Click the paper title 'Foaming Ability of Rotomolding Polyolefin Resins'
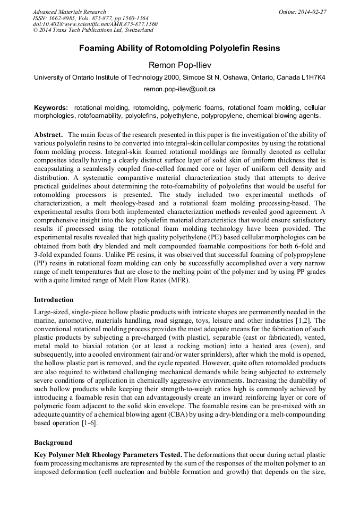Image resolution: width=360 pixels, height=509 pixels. (179, 48)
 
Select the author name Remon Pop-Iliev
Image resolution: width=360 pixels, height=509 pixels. (179, 65)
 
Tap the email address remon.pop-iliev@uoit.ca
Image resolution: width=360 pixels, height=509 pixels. (179, 89)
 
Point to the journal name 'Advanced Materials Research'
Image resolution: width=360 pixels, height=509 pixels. (70, 12)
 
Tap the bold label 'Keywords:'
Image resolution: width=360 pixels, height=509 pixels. (51, 107)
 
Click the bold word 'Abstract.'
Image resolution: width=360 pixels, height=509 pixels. (49, 135)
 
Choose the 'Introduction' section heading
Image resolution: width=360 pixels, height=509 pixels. (54, 300)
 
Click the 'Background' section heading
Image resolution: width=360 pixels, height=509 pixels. (53, 442)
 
